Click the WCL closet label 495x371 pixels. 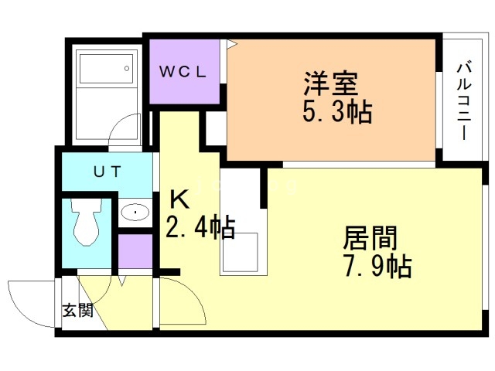(183, 72)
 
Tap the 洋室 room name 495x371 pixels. (331, 83)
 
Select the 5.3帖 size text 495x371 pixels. (337, 112)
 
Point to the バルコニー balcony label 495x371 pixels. (464, 101)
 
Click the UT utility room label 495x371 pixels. (107, 172)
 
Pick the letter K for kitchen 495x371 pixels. (179, 199)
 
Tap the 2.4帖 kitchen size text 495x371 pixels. (200, 226)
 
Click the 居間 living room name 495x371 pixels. (370, 238)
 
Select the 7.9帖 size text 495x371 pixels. (377, 267)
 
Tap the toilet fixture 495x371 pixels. (86, 222)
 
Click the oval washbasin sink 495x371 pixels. (135, 212)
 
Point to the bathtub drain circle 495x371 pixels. (127, 68)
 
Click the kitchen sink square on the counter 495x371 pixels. (240, 253)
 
